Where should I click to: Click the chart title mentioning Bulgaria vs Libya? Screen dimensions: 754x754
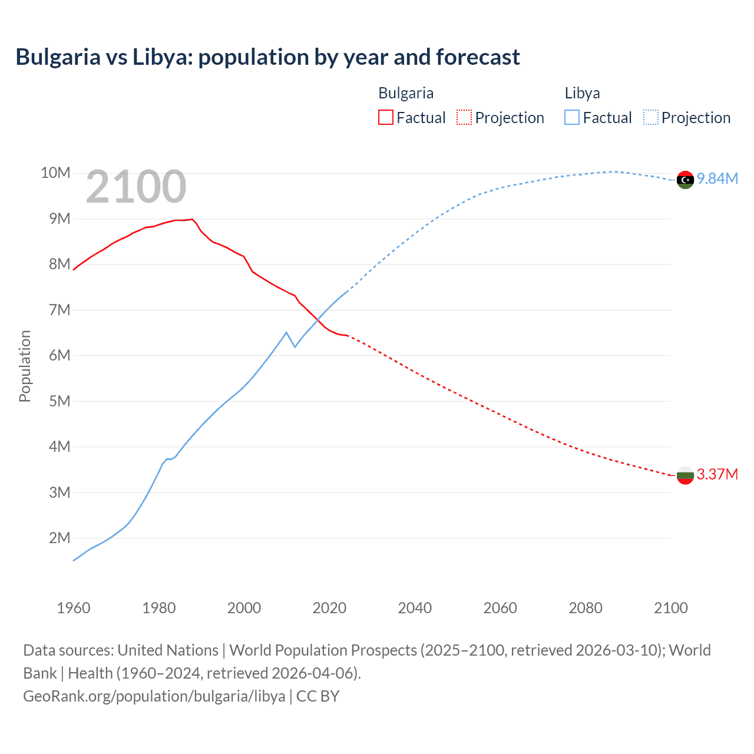point(267,57)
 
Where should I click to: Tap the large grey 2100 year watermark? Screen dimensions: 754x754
point(136,187)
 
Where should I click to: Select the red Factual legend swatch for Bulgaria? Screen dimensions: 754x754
point(385,117)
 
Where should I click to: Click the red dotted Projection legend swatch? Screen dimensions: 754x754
point(464,117)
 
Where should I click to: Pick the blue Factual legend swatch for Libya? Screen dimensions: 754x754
point(572,117)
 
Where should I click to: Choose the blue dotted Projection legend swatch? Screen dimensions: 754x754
point(650,117)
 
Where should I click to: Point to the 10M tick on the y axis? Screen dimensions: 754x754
point(55,173)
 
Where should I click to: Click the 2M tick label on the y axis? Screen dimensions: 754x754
point(59,538)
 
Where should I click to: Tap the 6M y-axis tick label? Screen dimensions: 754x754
point(59,356)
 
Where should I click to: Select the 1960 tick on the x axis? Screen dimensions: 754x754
point(74,608)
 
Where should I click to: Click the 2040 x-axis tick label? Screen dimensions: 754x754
point(415,608)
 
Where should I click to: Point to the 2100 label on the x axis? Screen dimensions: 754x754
point(670,608)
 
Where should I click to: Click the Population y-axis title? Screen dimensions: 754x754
point(25,366)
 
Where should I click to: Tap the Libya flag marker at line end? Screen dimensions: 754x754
point(685,180)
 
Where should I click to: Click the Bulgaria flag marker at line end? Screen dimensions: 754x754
point(685,475)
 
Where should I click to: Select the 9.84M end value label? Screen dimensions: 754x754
point(717,179)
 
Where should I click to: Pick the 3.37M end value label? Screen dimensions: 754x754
point(717,475)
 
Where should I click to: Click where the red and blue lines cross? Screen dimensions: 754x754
point(318,319)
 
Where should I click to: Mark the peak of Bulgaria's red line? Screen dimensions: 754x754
point(192,219)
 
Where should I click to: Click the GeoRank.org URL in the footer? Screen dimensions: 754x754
point(154,696)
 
